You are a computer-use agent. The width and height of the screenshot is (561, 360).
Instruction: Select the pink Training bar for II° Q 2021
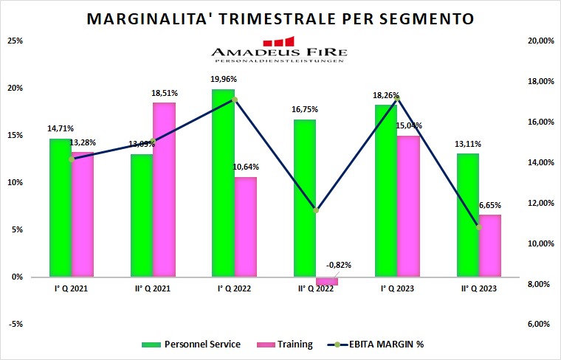(164, 190)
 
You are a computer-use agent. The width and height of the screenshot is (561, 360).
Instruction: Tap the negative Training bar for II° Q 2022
(327, 281)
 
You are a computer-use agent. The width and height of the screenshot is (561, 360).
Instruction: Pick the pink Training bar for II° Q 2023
(489, 246)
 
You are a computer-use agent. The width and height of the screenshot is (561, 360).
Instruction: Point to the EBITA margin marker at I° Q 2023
(397, 97)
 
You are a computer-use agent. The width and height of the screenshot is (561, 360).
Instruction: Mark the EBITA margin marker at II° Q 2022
(316, 210)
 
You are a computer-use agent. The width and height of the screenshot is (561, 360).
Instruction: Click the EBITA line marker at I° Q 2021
(72, 159)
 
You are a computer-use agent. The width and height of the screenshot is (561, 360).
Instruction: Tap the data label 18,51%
(164, 94)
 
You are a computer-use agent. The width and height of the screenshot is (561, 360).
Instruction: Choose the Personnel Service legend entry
(192, 344)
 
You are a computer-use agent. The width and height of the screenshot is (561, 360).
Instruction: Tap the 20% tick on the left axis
(15, 89)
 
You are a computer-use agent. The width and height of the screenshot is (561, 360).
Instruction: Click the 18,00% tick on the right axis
(536, 82)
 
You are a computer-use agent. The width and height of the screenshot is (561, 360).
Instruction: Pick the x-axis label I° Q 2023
(397, 289)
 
